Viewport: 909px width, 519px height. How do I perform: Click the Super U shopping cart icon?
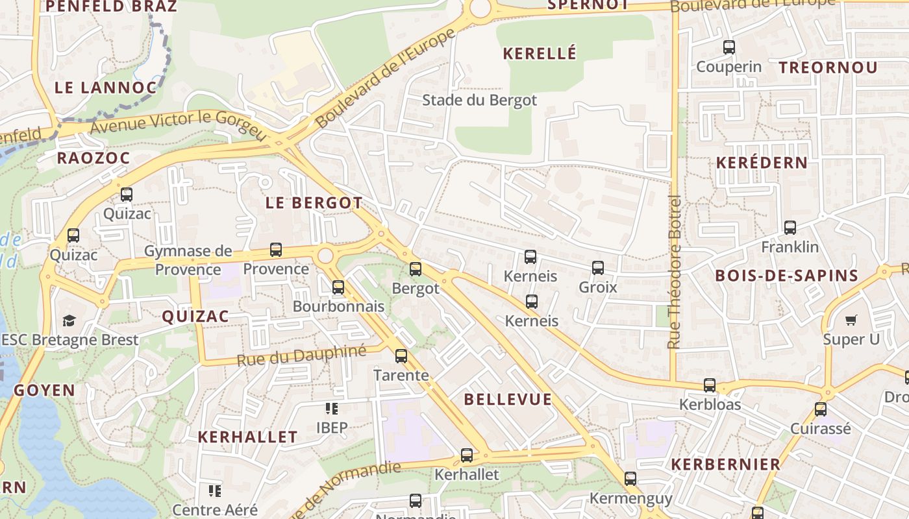coord(851,320)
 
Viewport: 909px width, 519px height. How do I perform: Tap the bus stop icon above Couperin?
coord(728,47)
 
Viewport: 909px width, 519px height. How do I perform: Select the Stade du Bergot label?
coord(479,100)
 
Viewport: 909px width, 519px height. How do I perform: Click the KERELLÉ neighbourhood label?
coord(540,54)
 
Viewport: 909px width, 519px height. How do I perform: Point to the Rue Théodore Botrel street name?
coord(675,272)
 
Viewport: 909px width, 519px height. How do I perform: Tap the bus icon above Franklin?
coord(790,228)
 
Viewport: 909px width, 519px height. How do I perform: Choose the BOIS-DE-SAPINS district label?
coord(786,275)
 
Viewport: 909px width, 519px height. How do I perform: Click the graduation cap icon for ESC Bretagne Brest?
coord(69,320)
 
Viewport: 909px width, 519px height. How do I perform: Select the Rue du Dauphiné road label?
coord(302,356)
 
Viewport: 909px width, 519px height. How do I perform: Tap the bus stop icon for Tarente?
coord(401,356)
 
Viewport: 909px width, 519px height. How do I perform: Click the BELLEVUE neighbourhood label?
coord(508,400)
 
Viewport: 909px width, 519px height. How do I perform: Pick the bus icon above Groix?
coord(597,267)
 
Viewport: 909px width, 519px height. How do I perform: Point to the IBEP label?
coord(332,428)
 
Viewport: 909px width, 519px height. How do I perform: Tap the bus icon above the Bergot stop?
coord(416,269)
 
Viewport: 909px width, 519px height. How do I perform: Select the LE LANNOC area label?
coord(105,88)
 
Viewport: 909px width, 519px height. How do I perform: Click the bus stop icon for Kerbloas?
coord(709,385)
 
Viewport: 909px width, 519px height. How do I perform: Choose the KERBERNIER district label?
coord(725,465)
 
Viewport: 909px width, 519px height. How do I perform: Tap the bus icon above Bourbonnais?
coord(338,287)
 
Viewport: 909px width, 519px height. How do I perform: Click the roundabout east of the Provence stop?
coord(325,256)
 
